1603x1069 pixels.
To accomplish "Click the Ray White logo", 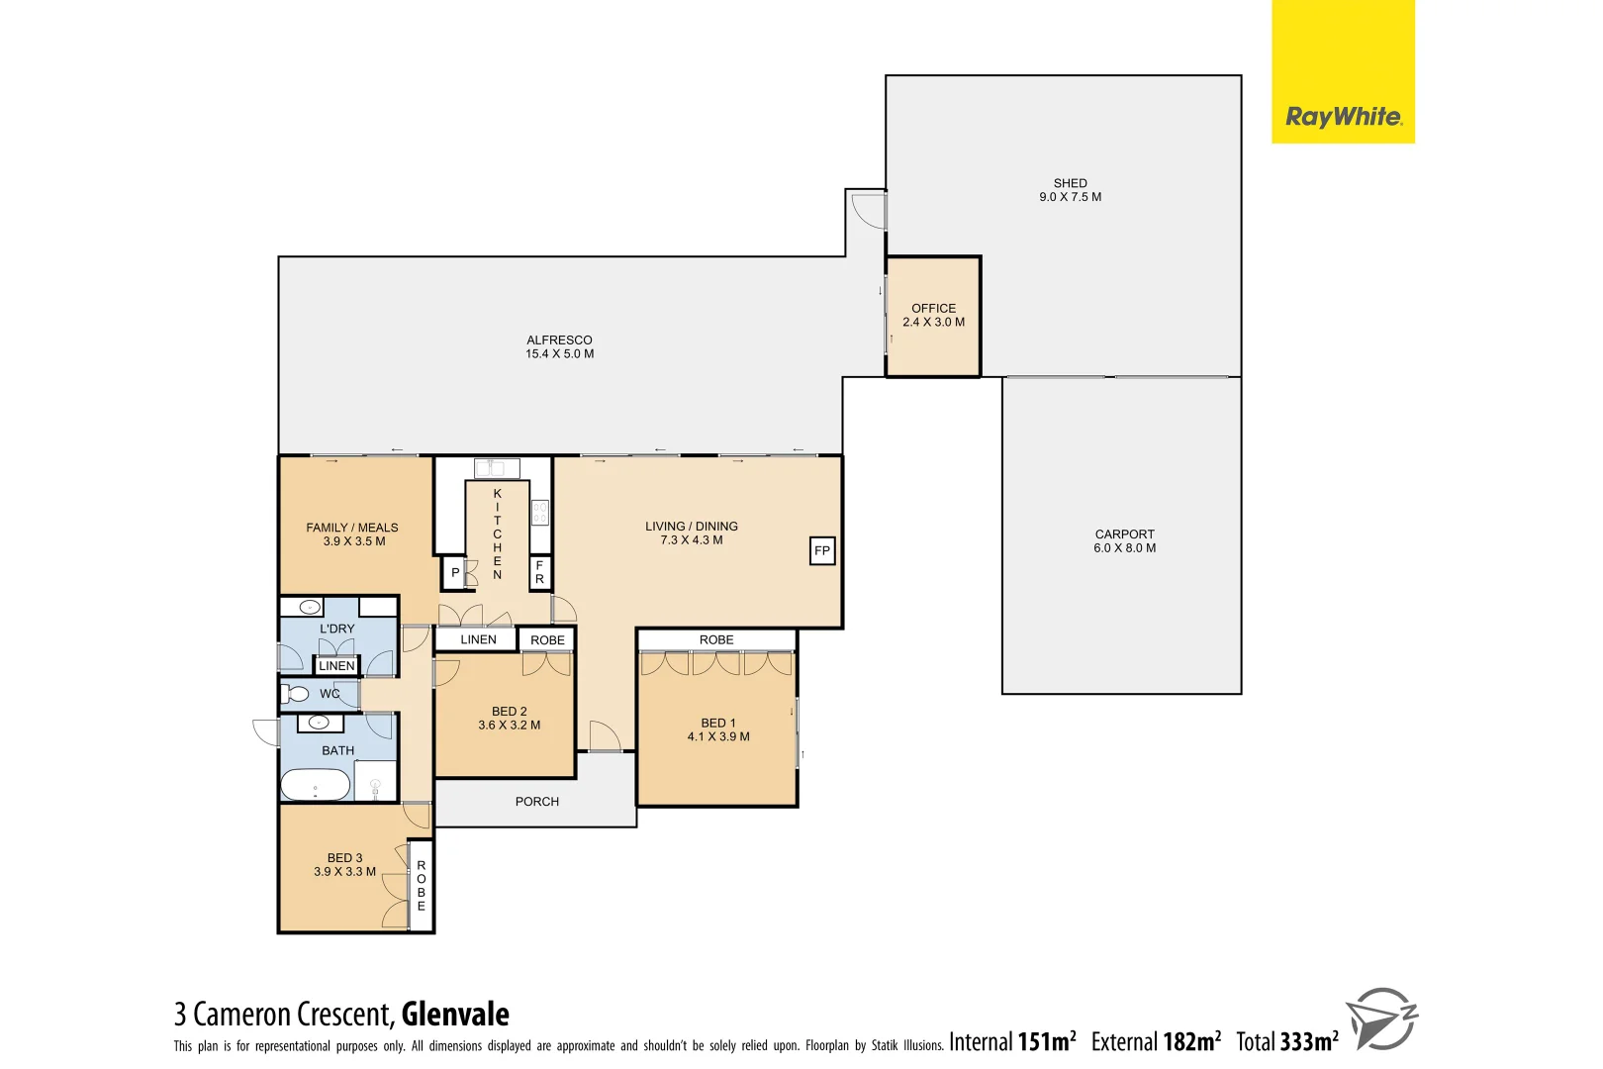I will (x=1343, y=117).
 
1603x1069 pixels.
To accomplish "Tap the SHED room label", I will (x=1070, y=183).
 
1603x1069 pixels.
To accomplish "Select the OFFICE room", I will (x=933, y=316).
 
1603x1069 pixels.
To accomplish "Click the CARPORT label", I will (x=1124, y=534).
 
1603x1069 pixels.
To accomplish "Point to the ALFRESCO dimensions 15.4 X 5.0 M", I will (x=559, y=354).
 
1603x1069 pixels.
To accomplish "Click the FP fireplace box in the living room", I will (x=822, y=551).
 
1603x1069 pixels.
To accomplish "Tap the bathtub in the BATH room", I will (x=316, y=786).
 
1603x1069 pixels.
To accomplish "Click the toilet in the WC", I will (x=296, y=693).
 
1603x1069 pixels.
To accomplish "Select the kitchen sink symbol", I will (x=497, y=468).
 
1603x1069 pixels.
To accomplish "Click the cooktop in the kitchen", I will (x=540, y=513).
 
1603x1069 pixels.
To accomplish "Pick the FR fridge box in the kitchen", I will (x=539, y=572).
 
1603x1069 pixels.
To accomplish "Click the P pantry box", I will (x=454, y=573).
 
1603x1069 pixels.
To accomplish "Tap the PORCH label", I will (x=536, y=802).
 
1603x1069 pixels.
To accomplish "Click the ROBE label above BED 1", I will (x=716, y=640).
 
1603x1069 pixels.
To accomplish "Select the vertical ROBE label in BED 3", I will (x=422, y=886).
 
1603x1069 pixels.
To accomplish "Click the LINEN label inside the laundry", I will (x=336, y=666).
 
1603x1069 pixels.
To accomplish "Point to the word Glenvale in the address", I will (x=455, y=1015).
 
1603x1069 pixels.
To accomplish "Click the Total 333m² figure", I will (x=1287, y=1041).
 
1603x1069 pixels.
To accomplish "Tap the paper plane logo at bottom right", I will (x=1381, y=1018).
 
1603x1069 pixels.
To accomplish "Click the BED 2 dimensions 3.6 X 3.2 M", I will (x=509, y=726).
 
